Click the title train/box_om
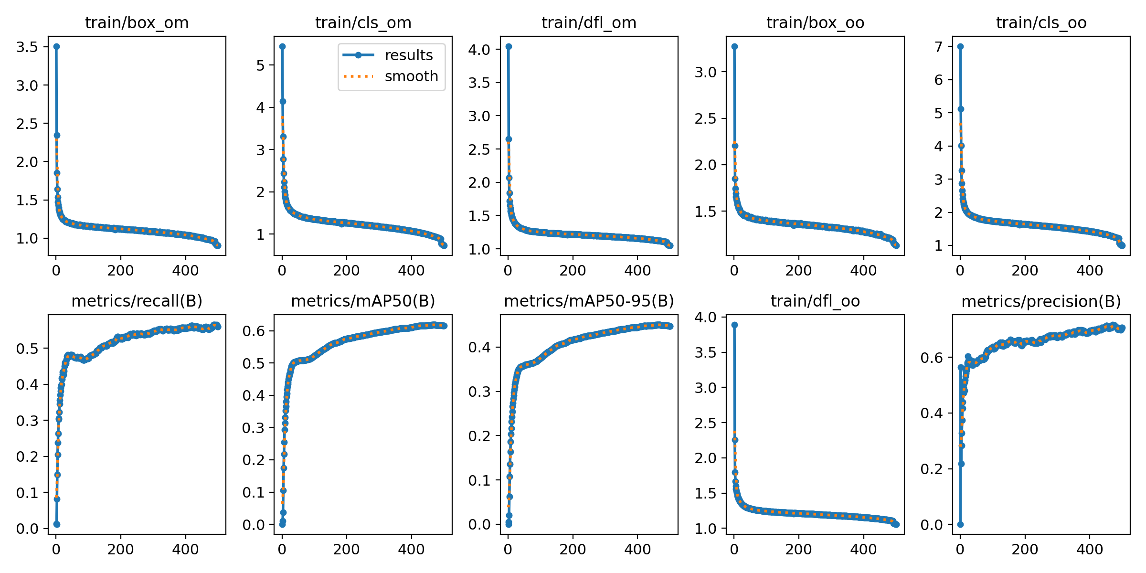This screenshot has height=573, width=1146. point(137,22)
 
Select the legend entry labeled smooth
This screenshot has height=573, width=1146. point(411,76)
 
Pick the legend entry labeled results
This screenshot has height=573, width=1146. point(409,55)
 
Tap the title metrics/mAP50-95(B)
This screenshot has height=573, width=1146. point(589,301)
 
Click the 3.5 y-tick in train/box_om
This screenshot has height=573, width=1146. point(27,47)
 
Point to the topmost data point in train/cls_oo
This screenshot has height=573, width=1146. point(960,46)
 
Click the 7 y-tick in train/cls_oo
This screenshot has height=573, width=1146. point(939,47)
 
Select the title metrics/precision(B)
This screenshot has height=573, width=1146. point(1041,301)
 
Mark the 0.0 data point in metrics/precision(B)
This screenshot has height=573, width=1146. point(960,524)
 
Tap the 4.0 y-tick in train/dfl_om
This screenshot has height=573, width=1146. point(479,50)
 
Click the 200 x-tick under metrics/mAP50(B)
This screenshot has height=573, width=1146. point(346,549)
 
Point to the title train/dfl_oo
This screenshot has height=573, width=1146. point(815,301)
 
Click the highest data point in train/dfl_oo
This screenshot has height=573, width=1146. point(734,325)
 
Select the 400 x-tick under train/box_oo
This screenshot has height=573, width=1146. point(863,271)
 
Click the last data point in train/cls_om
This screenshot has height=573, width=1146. point(444,245)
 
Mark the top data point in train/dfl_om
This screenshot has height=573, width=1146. point(509,46)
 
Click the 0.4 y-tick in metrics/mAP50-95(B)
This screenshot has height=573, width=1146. point(479,347)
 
